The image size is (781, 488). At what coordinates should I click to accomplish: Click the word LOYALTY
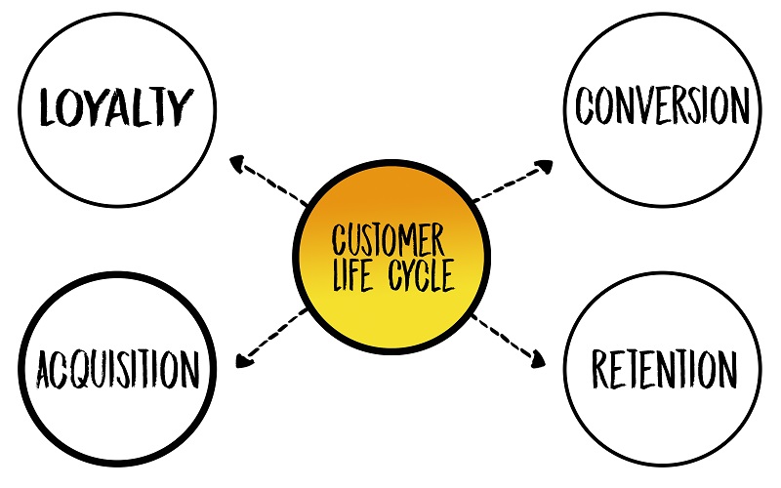click(116, 106)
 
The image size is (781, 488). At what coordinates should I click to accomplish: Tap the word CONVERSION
click(663, 105)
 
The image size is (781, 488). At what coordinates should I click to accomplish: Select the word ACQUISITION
click(118, 369)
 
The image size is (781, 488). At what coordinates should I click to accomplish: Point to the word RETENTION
click(665, 369)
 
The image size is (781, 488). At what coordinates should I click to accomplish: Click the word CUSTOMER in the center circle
click(388, 239)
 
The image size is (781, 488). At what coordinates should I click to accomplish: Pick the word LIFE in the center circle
click(352, 274)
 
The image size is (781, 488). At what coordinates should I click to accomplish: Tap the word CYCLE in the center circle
click(422, 274)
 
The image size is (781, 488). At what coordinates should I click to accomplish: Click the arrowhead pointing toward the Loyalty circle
click(237, 163)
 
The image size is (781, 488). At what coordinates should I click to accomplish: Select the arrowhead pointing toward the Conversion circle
click(545, 166)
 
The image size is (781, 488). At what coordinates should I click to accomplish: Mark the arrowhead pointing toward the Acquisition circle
click(244, 360)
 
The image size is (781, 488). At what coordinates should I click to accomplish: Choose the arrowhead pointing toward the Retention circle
click(538, 359)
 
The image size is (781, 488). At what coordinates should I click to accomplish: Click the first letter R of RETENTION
click(600, 369)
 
